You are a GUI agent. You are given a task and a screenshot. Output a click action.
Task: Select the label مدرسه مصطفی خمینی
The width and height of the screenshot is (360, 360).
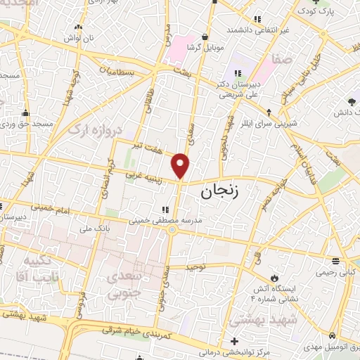165,220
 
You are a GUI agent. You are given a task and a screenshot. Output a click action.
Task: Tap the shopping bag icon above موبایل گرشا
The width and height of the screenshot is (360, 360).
205,37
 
